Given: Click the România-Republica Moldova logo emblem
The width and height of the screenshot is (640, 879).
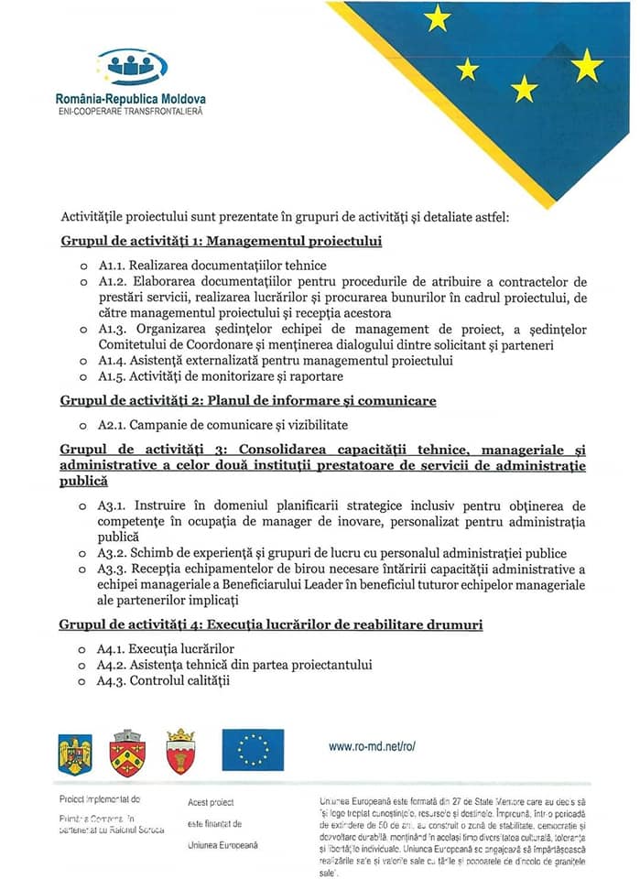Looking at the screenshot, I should [132, 66].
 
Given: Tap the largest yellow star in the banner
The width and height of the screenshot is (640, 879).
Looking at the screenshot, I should [587, 65].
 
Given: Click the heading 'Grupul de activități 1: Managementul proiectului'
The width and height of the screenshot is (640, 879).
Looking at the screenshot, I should [221, 242].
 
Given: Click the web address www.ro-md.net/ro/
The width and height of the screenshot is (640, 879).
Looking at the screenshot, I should [373, 746].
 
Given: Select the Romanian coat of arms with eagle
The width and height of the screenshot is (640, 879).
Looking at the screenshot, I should [75, 753].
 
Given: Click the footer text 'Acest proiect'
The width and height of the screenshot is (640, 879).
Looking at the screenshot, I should [211, 803].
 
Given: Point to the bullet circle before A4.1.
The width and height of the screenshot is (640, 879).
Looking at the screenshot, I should [82, 649].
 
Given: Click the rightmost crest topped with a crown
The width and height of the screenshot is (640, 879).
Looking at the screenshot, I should [180, 752].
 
